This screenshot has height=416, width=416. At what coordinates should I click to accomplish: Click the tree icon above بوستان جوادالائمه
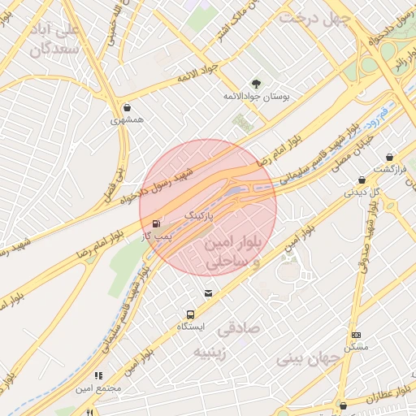(257, 84)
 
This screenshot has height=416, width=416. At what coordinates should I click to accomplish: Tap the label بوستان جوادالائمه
(257, 96)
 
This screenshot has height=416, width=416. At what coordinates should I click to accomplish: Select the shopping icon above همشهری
(127, 107)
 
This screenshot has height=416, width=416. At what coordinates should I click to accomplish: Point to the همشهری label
(127, 119)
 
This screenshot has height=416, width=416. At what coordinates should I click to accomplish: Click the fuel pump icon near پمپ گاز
(156, 222)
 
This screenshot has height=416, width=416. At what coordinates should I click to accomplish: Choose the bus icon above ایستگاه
(191, 314)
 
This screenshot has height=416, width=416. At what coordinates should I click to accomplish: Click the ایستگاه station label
(191, 327)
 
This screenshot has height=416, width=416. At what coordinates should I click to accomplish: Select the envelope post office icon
(209, 293)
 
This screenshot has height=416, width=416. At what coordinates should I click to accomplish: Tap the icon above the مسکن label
(356, 335)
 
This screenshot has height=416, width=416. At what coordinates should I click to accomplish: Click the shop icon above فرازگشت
(390, 157)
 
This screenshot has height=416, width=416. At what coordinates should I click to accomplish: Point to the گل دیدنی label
(362, 193)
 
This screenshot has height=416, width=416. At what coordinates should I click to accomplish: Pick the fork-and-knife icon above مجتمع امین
(98, 376)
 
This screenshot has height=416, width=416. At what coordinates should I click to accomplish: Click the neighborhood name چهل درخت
(314, 17)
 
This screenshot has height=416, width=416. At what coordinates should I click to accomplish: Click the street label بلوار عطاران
(390, 397)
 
